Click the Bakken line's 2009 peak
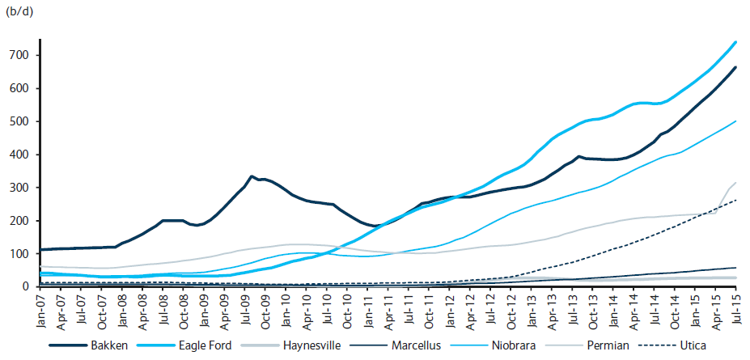(251, 176)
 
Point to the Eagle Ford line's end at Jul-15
(735, 42)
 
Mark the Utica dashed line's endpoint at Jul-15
(735, 200)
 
